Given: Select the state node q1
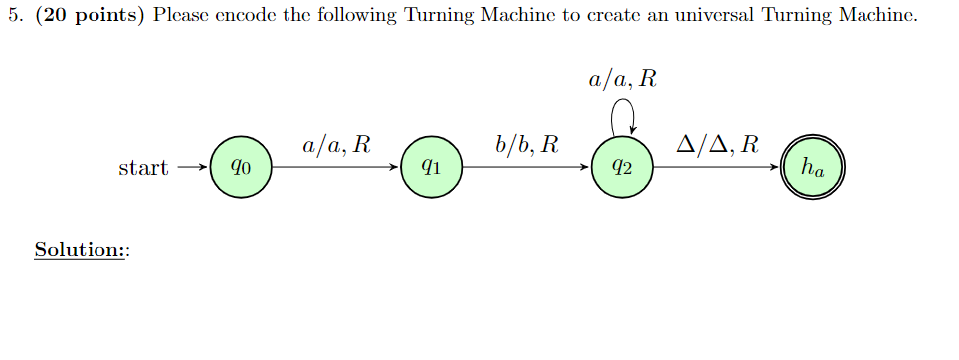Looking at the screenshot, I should (430, 168).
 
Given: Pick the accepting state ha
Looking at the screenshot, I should (813, 168).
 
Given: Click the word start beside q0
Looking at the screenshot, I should (143, 168).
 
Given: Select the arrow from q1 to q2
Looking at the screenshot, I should (524, 168).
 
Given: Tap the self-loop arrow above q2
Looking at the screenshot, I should (622, 116).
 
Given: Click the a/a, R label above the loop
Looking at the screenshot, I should (622, 80).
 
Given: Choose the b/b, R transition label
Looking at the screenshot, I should (526, 146).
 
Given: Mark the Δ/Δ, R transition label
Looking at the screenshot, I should (717, 146).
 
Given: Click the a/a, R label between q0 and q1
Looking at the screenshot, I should (336, 146).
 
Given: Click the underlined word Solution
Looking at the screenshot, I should (77, 249).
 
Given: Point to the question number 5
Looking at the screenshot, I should (11, 16).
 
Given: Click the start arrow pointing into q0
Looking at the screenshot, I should (192, 168).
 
